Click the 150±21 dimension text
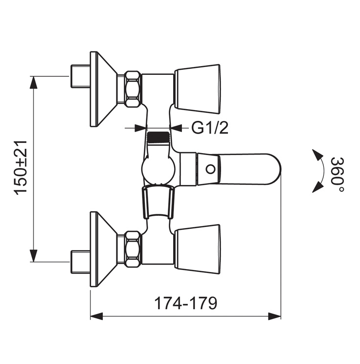21,169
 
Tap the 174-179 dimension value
185,303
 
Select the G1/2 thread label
209,128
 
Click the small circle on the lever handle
210,169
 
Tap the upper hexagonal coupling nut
132,89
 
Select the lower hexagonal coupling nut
132,249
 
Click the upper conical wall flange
103,89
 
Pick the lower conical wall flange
103,249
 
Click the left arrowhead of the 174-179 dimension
97,316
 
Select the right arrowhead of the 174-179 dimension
274,316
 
